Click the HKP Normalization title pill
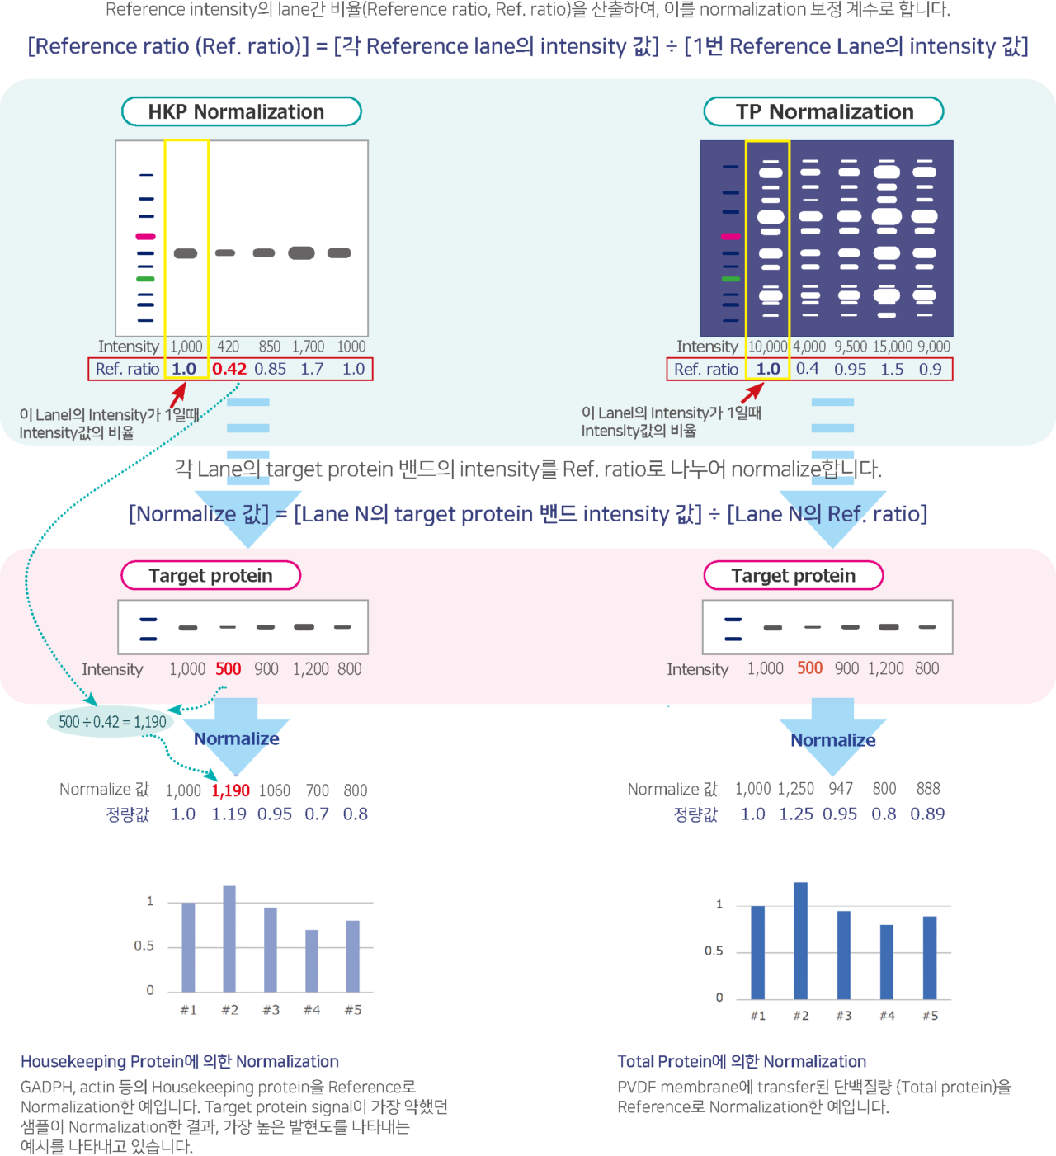[241, 111]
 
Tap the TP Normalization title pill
[823, 111]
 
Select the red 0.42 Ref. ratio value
[229, 369]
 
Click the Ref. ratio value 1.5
[892, 369]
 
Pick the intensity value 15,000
[893, 347]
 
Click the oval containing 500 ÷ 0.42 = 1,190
[111, 722]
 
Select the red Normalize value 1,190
[230, 790]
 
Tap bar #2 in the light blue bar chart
[229, 938]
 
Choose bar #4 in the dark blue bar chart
[887, 961]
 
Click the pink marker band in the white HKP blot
[145, 237]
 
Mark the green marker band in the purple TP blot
[730, 279]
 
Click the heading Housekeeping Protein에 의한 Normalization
[180, 1061]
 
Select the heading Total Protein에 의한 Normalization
[742, 1061]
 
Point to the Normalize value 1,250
[795, 789]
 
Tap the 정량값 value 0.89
[927, 814]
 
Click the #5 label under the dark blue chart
[930, 1016]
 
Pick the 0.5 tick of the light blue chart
[144, 946]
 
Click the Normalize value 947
[841, 789]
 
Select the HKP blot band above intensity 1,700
[301, 252]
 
